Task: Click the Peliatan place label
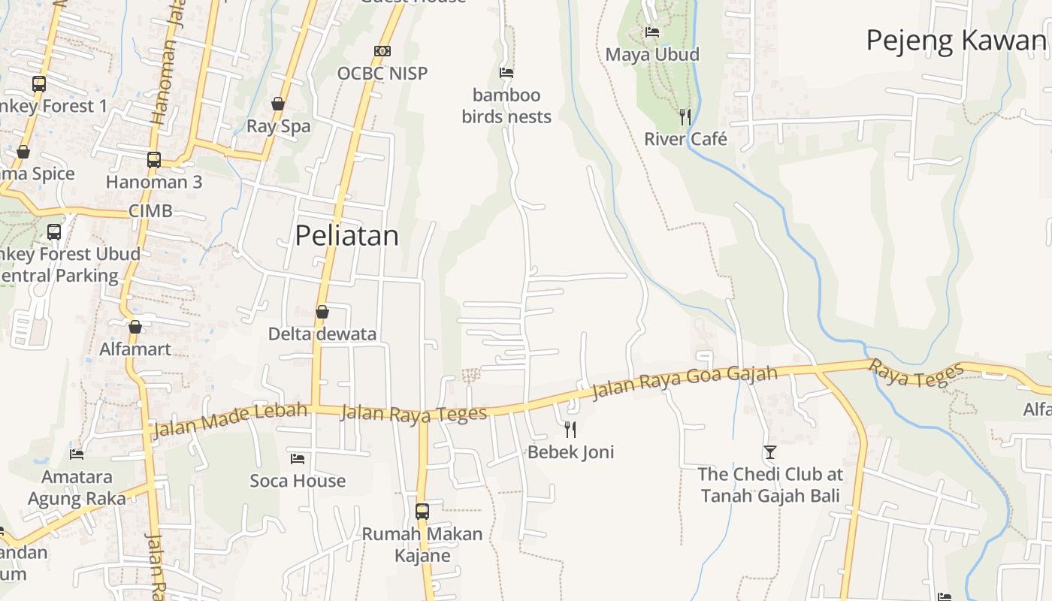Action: pyautogui.click(x=346, y=236)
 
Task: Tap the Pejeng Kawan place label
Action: pyautogui.click(x=956, y=41)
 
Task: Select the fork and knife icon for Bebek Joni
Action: pyautogui.click(x=570, y=429)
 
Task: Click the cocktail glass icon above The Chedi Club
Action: pyautogui.click(x=770, y=452)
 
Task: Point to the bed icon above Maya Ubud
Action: pyautogui.click(x=652, y=32)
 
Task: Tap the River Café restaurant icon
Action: pyautogui.click(x=685, y=117)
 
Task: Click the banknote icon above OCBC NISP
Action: pyautogui.click(x=382, y=51)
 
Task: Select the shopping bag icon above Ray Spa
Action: pyautogui.click(x=278, y=104)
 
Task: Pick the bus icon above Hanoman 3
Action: pyautogui.click(x=154, y=160)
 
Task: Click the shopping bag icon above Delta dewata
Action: pyautogui.click(x=322, y=312)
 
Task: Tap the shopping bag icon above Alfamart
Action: pyautogui.click(x=135, y=327)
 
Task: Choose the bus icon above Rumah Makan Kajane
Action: pyautogui.click(x=422, y=512)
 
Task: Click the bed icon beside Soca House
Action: pyautogui.click(x=298, y=458)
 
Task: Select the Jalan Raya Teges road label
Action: pyautogui.click(x=413, y=413)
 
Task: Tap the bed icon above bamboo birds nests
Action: pyautogui.click(x=506, y=73)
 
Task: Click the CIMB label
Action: pyautogui.click(x=150, y=211)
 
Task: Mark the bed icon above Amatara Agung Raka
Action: pyautogui.click(x=77, y=454)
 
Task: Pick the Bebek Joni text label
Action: pyautogui.click(x=570, y=452)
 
